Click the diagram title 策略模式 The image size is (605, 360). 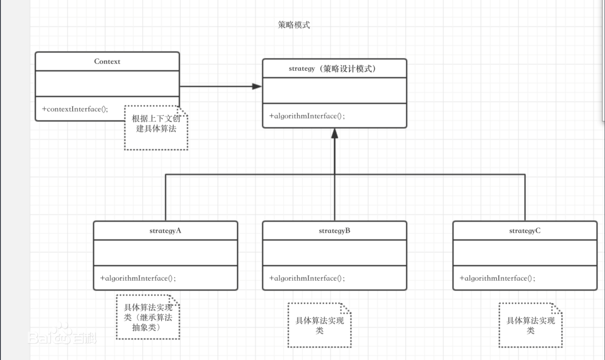(294, 25)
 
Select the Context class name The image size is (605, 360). (107, 62)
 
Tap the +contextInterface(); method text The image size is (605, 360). (75, 109)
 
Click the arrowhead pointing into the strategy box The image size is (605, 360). (257, 86)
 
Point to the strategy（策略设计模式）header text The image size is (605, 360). (335, 69)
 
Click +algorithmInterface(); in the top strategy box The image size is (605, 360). (307, 116)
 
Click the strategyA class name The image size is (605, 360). (166, 231)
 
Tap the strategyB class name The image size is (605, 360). (335, 231)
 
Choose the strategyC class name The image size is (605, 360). (525, 231)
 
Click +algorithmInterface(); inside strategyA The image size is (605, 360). (138, 278)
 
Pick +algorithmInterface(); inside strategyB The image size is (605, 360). (307, 278)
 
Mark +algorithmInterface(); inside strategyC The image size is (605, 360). (497, 278)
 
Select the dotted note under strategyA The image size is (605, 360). (148, 317)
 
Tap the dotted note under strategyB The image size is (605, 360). (320, 325)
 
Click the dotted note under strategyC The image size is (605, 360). (531, 325)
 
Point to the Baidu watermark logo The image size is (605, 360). (62, 337)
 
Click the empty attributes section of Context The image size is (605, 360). (107, 83)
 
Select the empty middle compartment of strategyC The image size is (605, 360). (525, 252)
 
